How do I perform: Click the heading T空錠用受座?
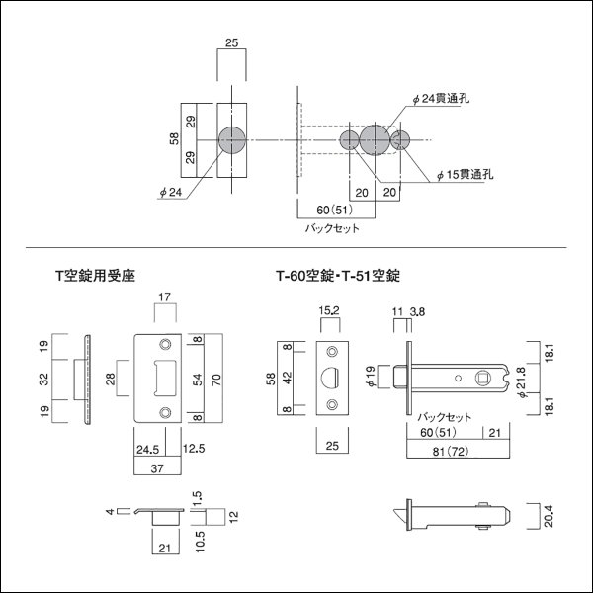tap(97, 278)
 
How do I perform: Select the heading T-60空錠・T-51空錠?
tap(343, 278)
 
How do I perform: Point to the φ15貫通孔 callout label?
tap(467, 173)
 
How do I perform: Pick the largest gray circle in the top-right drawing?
tap(375, 139)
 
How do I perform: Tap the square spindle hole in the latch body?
tap(483, 377)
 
